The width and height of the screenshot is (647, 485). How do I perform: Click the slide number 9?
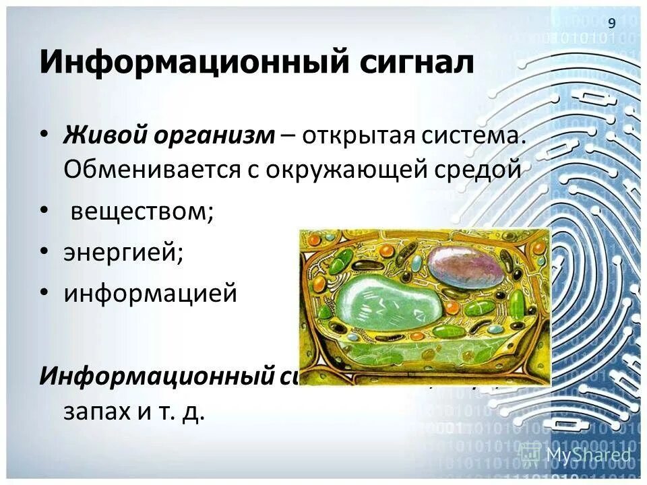[612, 24]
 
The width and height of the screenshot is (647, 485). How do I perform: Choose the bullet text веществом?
[142, 213]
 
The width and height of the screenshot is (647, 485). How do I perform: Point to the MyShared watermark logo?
[580, 455]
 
